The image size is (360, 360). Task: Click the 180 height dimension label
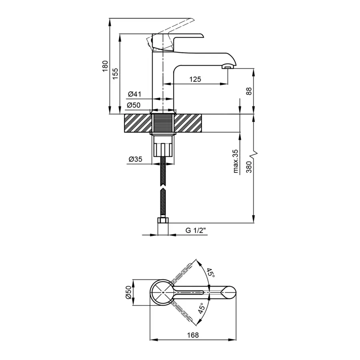tap(105, 66)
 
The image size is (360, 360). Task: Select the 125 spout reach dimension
tap(195, 79)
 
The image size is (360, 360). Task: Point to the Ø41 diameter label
tap(134, 94)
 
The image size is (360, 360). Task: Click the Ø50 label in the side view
tap(134, 105)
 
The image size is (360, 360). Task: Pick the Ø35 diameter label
tap(136, 159)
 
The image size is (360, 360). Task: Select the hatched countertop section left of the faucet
tap(138, 123)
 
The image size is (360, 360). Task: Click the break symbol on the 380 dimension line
tap(253, 154)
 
